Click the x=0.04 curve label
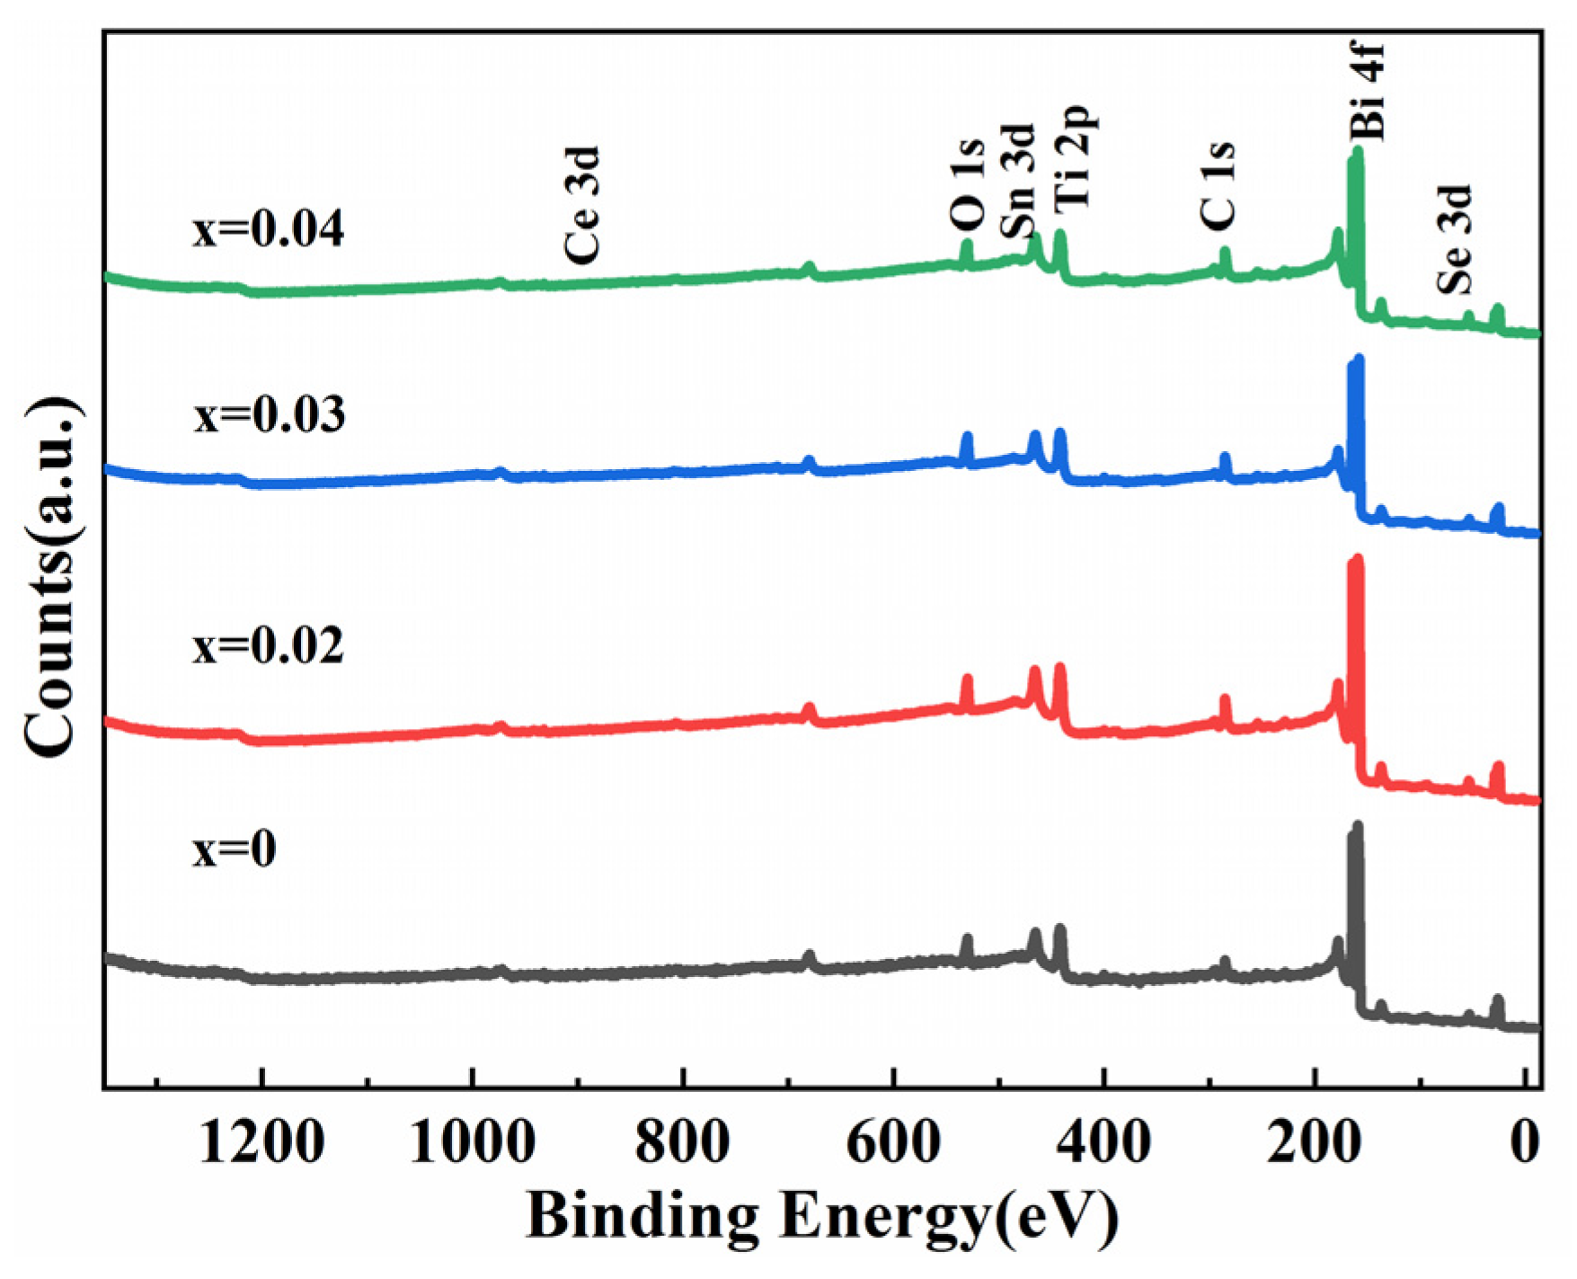(268, 230)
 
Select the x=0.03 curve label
(269, 416)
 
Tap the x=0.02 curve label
(268, 646)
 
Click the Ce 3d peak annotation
(581, 205)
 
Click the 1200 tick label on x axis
(261, 1144)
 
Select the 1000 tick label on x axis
(473, 1144)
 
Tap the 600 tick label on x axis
(893, 1144)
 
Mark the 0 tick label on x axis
(1525, 1144)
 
